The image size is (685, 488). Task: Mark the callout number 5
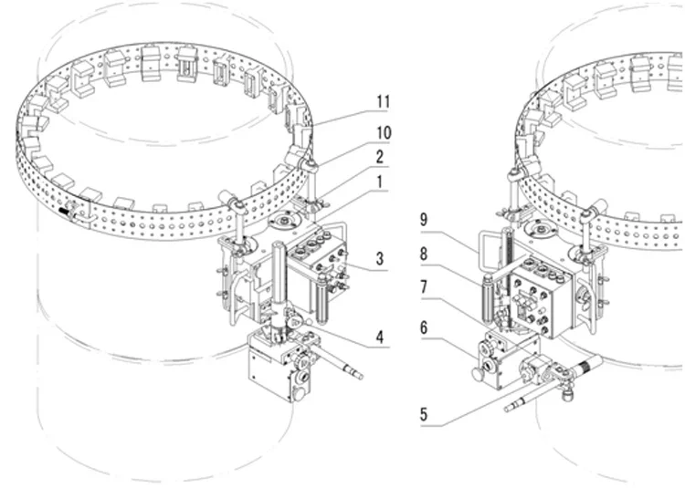coord(424,413)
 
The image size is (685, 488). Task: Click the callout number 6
coord(424,326)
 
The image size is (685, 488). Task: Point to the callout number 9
coord(424,218)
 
